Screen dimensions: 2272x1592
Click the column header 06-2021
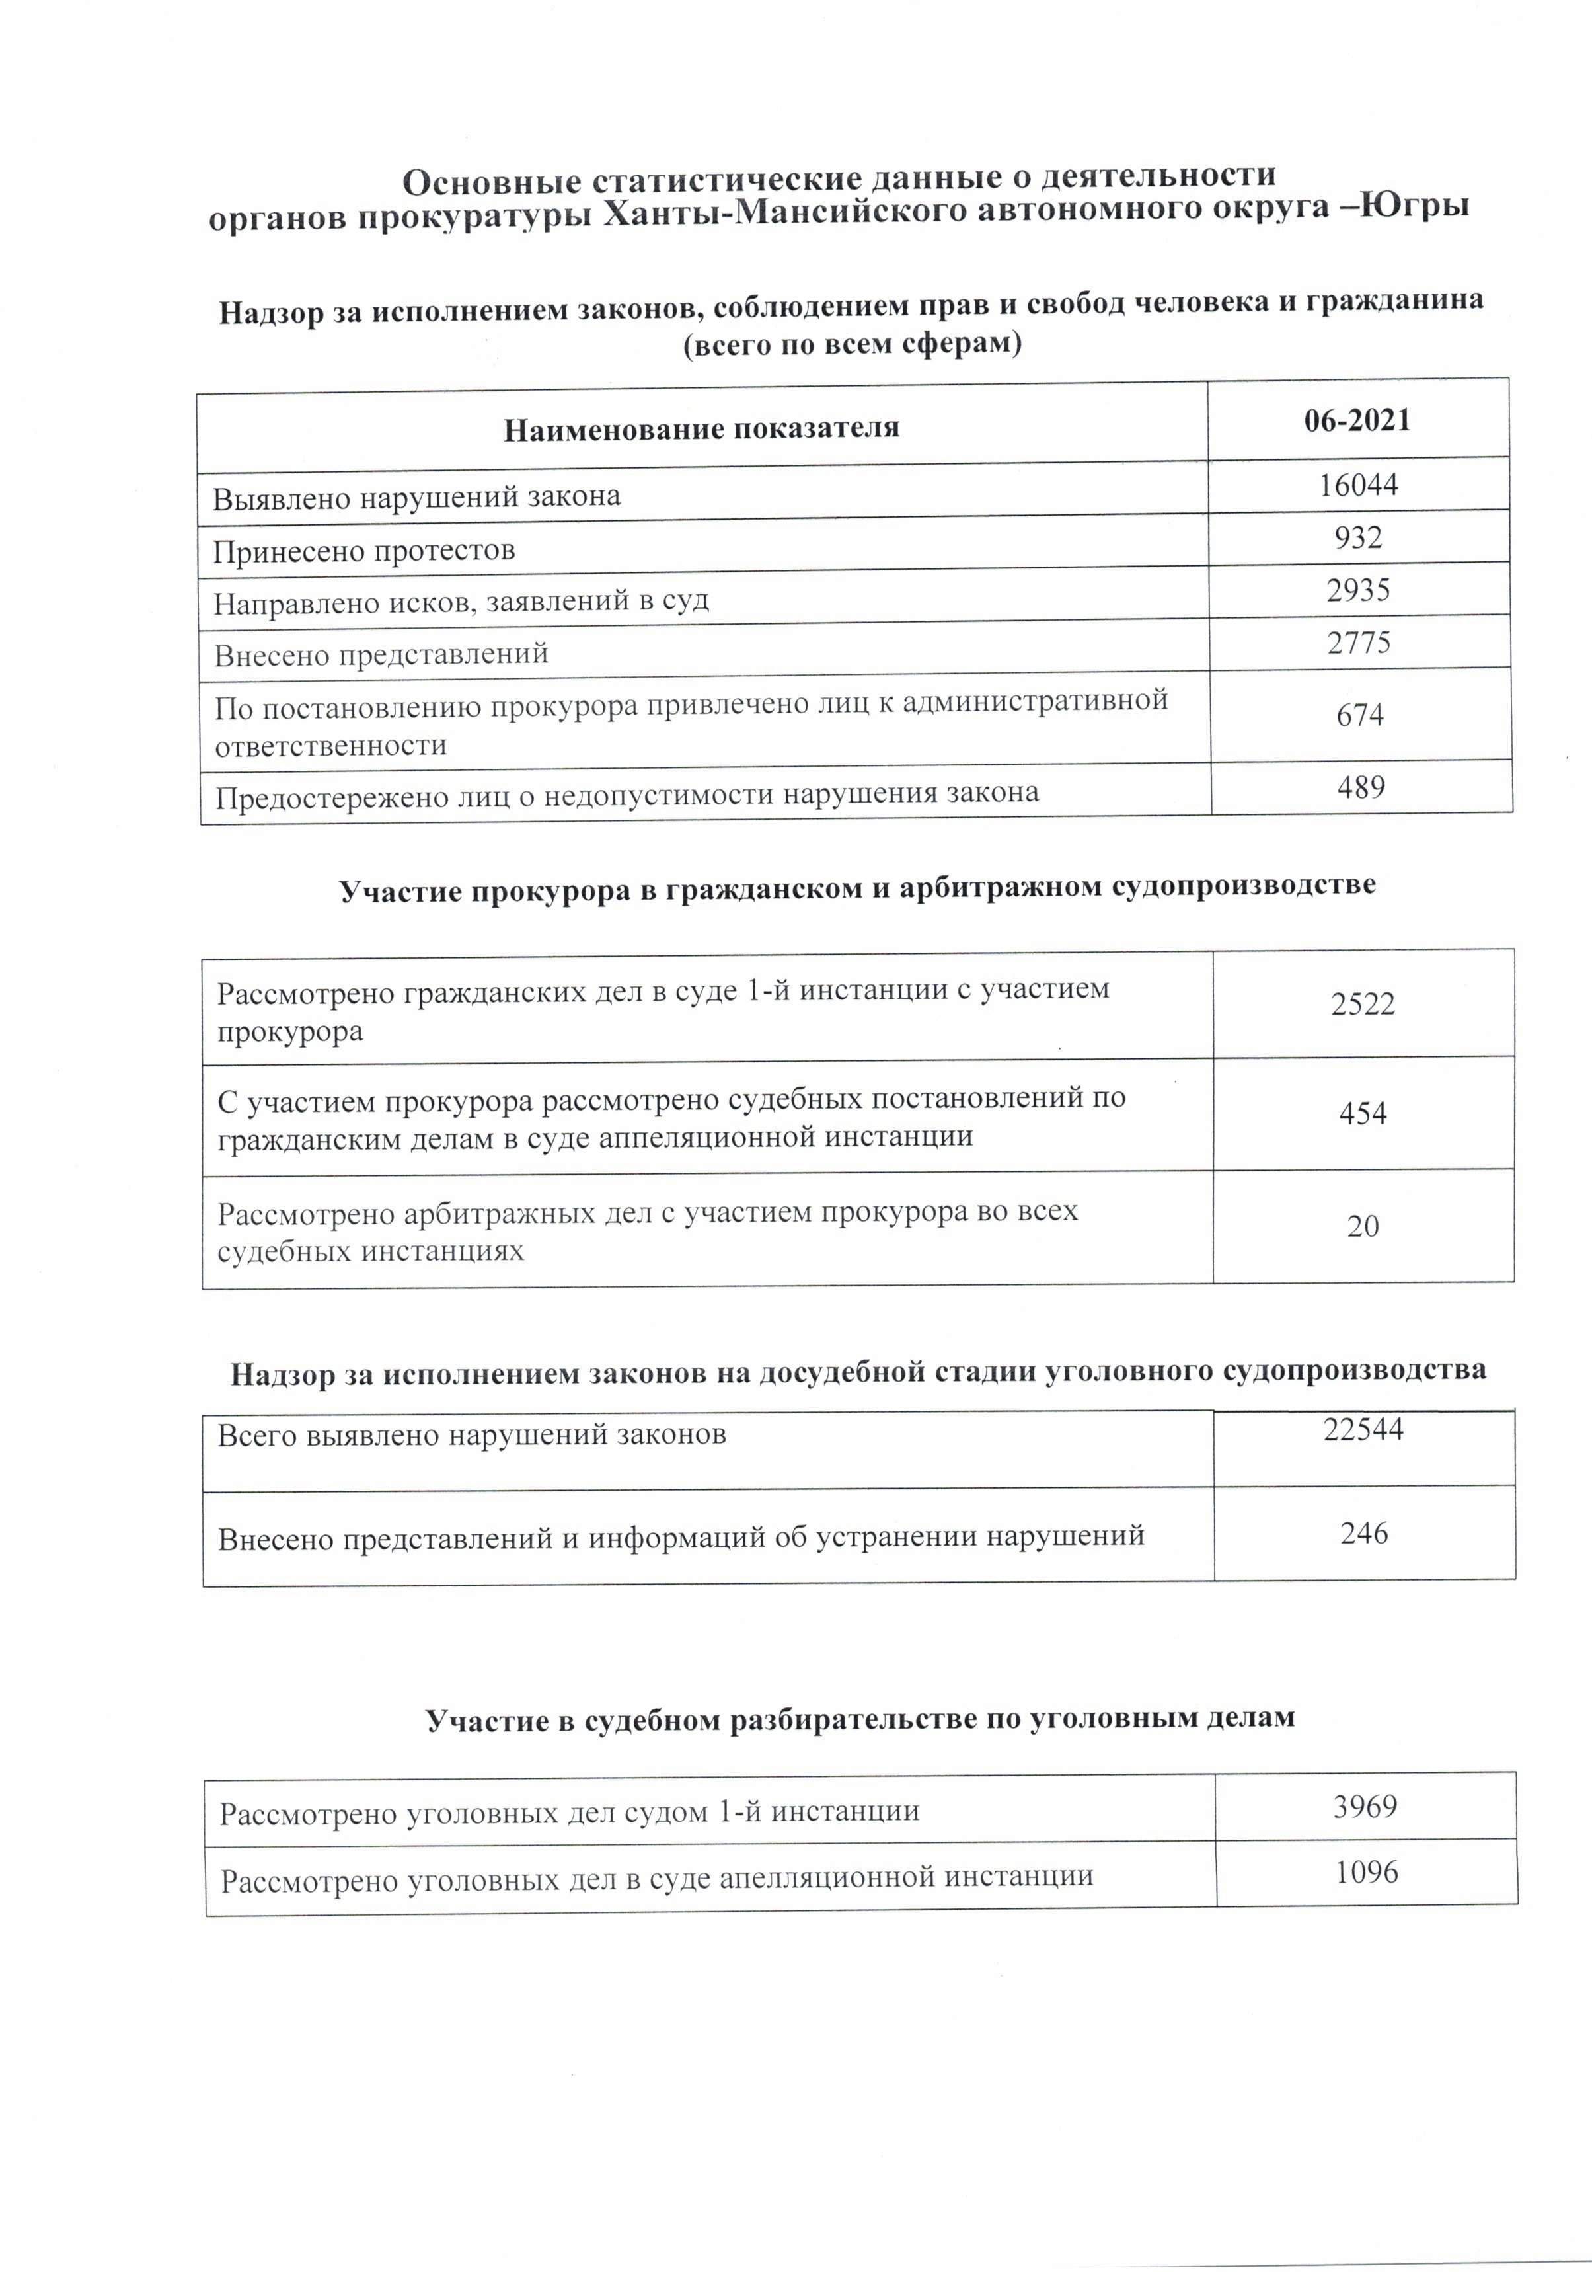tap(1357, 420)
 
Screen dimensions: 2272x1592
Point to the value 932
tap(1357, 537)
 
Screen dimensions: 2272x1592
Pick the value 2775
tap(1359, 643)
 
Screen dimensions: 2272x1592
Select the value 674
tap(1359, 715)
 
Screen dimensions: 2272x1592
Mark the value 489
tap(1361, 788)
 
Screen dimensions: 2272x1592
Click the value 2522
tap(1363, 1004)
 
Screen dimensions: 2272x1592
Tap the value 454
tap(1363, 1113)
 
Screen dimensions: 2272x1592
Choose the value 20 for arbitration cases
tap(1363, 1226)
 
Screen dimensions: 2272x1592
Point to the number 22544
tap(1363, 1429)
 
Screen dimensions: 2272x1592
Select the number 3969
tap(1365, 1807)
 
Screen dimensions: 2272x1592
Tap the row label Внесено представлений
tap(381, 654)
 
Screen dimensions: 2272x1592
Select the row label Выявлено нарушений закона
tap(416, 496)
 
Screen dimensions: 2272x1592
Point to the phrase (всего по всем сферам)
tap(852, 344)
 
